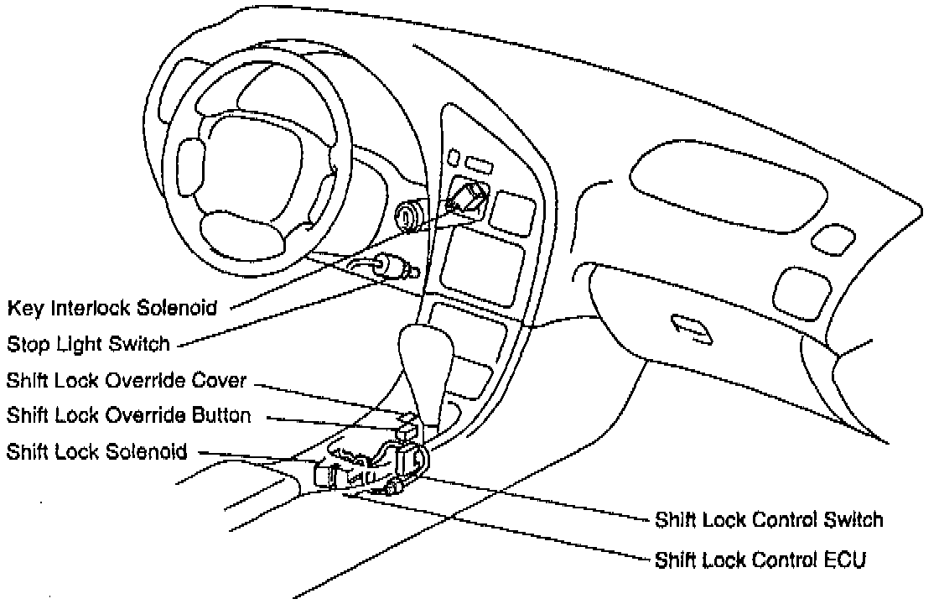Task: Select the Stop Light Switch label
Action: click(x=89, y=343)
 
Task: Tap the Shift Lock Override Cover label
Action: click(x=127, y=380)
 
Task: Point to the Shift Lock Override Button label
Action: click(x=128, y=415)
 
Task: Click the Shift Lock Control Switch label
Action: click(x=769, y=520)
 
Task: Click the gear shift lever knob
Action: click(x=426, y=352)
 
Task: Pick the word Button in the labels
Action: click(x=222, y=415)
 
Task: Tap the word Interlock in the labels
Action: click(x=87, y=308)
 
